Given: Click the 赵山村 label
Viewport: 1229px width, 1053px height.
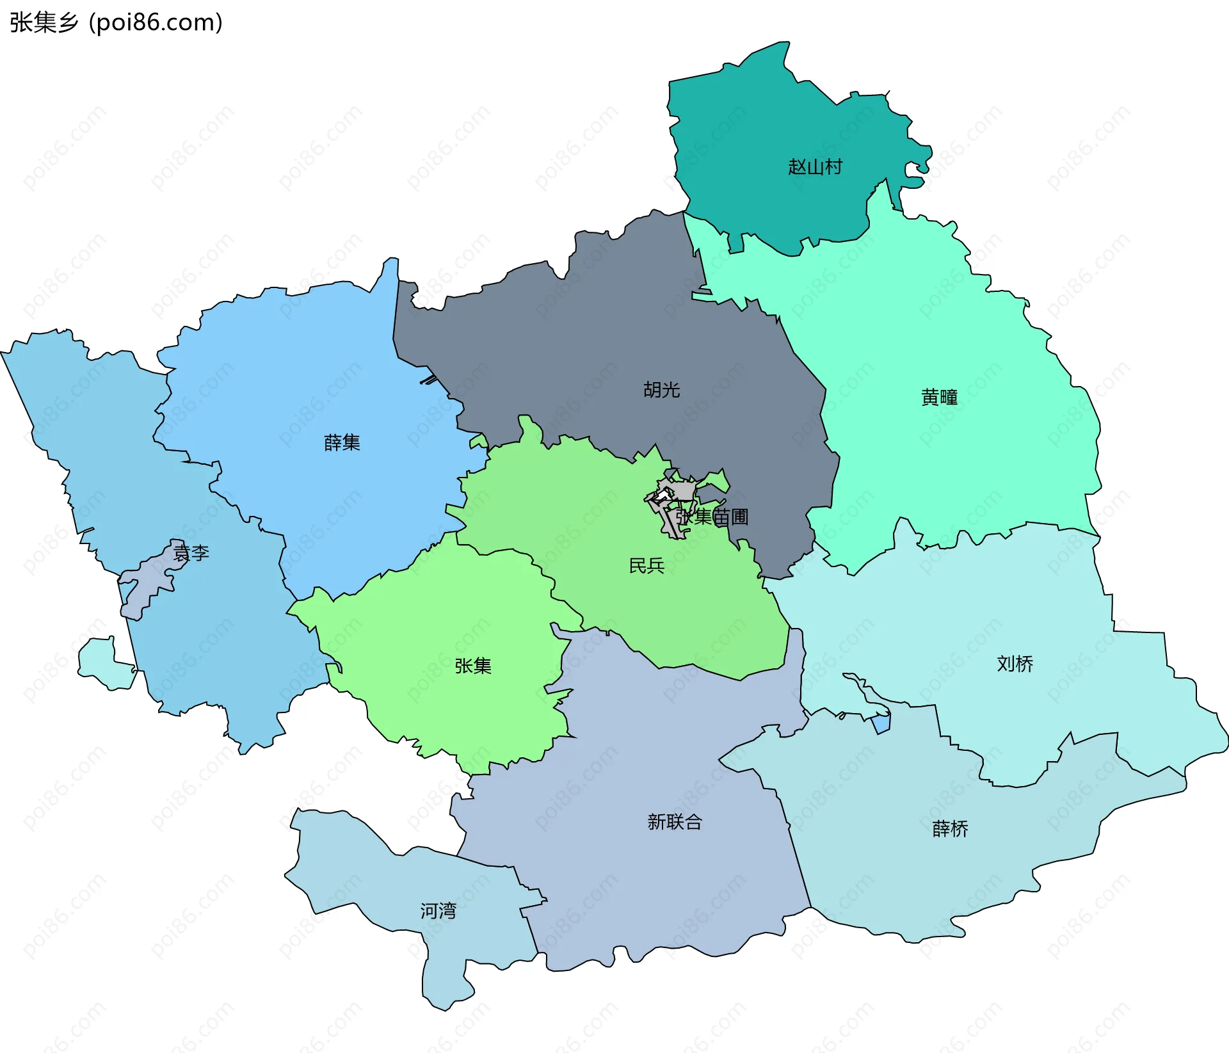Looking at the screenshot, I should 815,167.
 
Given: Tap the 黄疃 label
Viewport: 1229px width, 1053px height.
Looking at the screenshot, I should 939,398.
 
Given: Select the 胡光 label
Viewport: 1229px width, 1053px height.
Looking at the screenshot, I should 661,389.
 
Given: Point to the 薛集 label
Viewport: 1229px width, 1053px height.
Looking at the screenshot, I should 342,442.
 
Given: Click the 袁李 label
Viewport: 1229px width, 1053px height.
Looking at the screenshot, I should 191,552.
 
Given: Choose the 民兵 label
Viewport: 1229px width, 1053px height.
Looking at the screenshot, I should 647,565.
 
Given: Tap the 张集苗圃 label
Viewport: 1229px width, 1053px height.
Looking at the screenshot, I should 712,517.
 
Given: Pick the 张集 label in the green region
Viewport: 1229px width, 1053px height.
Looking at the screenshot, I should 473,666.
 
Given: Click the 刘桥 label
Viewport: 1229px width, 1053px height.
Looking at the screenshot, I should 1015,664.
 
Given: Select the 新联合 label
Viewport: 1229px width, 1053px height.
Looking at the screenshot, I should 675,821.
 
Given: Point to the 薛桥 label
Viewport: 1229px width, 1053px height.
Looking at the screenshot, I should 950,829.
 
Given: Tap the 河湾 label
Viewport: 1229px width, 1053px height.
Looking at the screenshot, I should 438,910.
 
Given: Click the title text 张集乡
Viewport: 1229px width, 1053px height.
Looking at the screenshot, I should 44,22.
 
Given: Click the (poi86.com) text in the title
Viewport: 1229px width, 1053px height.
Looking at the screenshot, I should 156,22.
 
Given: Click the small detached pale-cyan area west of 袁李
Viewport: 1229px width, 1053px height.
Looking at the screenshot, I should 102,666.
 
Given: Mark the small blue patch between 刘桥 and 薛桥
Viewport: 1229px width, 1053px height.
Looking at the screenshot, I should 881,724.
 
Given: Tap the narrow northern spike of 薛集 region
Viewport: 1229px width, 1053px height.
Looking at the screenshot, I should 390,272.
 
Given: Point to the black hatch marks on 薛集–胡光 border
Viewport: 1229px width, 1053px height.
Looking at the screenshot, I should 429,380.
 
